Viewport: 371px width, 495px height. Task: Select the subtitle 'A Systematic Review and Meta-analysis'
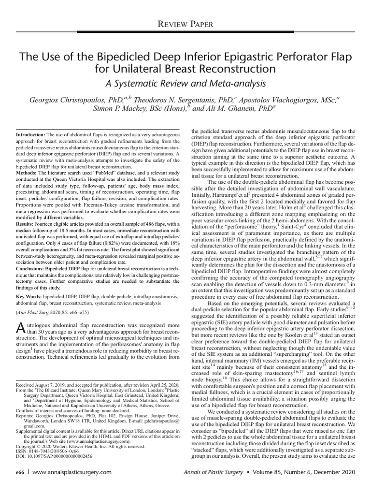tap(185, 84)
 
